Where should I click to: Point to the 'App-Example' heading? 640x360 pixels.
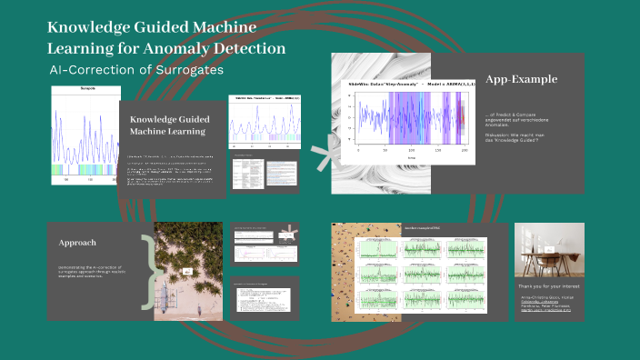coord(521,79)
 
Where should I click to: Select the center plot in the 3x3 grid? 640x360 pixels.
coord(407,272)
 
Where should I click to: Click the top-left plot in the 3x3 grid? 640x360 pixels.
coord(374,246)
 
